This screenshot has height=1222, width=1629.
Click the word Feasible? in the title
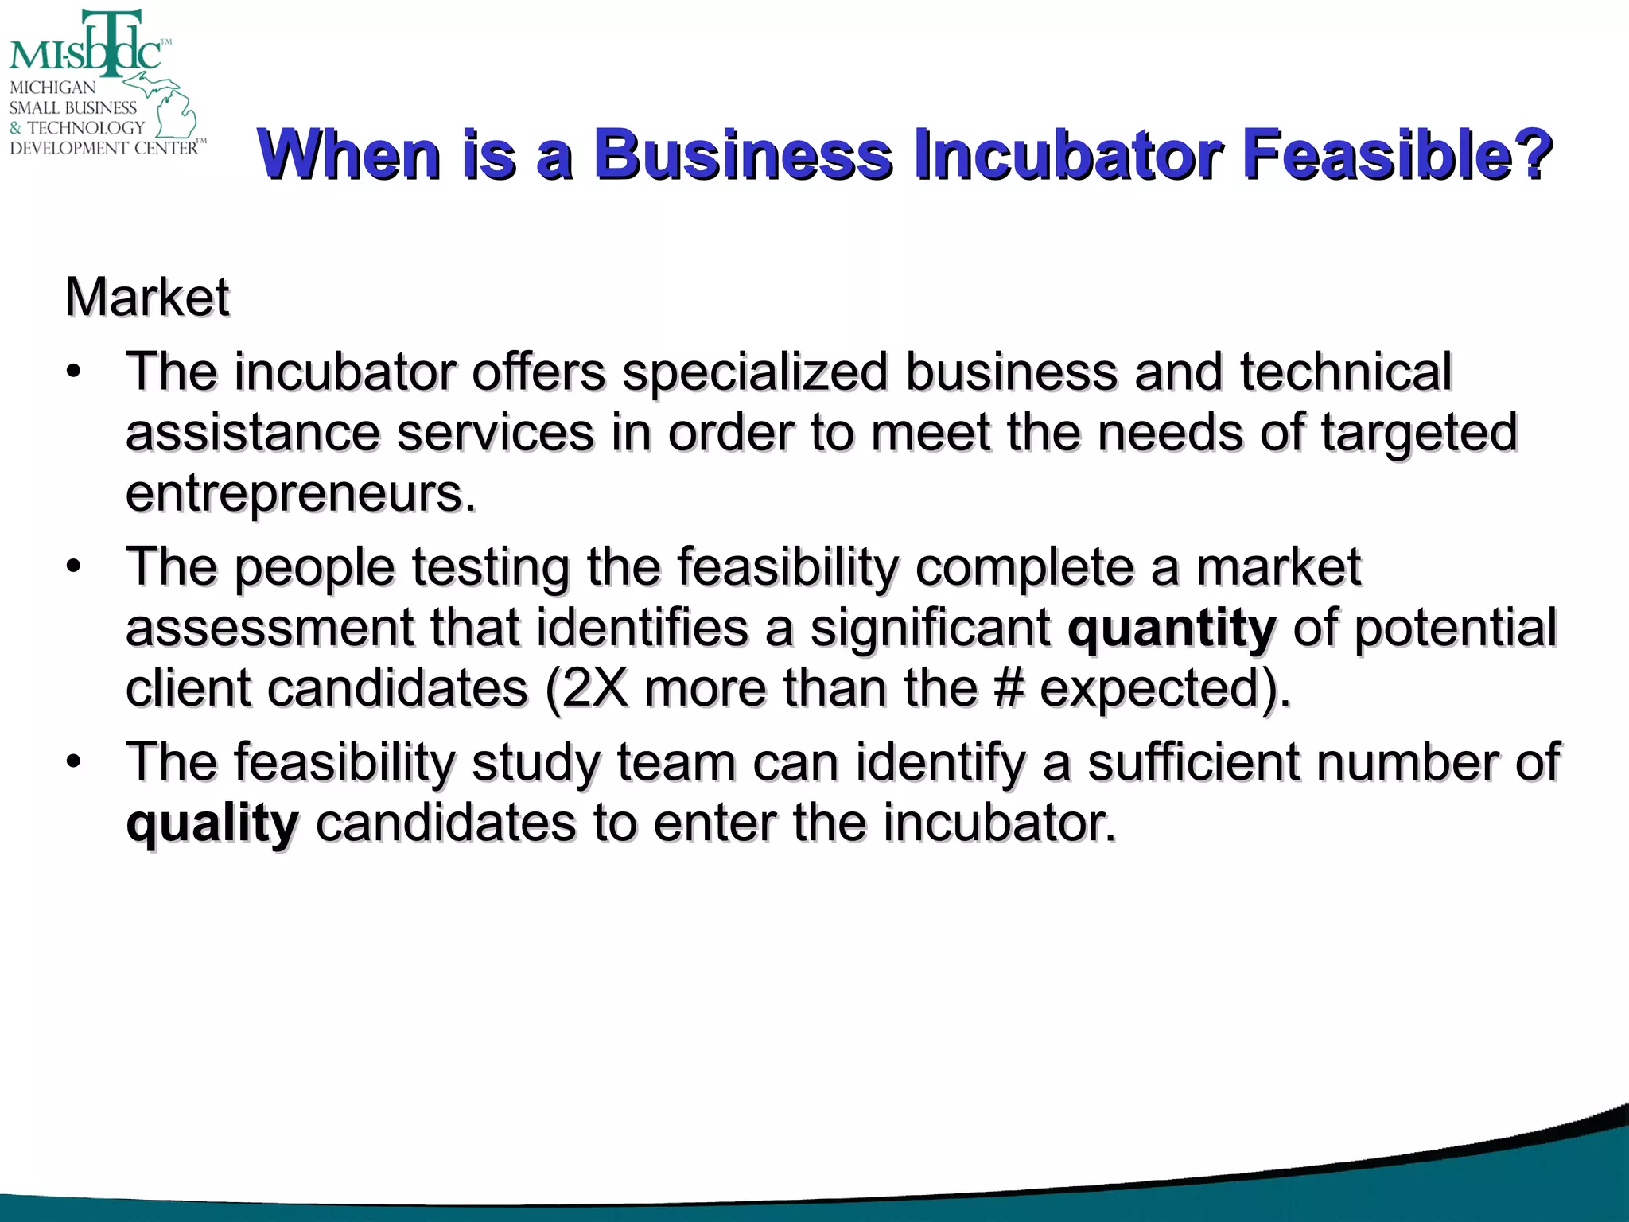pos(1397,154)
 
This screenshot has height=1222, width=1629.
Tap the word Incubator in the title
pos(1066,154)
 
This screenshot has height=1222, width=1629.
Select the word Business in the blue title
pos(744,154)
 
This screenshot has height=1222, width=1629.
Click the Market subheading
pos(148,298)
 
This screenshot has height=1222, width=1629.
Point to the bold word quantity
pos(1172,629)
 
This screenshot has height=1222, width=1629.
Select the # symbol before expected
pos(1008,688)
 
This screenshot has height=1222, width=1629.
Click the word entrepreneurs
pos(301,494)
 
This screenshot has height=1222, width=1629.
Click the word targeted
pos(1419,433)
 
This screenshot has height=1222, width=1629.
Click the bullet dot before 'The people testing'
pos(74,567)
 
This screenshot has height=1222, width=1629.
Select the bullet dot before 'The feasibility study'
pos(74,762)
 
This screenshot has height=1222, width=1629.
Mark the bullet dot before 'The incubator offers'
pos(74,372)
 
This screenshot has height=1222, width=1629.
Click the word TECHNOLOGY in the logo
pos(86,128)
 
